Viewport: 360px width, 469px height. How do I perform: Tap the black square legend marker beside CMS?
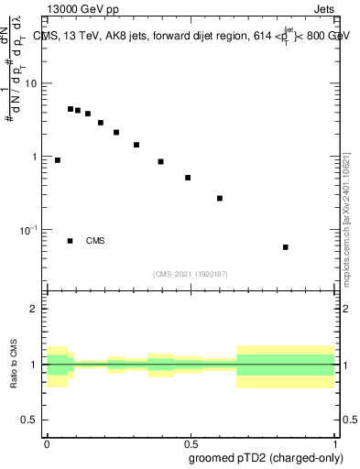coord(70,241)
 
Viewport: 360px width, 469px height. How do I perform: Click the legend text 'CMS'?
coord(95,241)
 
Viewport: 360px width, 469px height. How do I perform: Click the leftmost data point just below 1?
coord(57,159)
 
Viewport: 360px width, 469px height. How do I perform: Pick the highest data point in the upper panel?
coord(71,109)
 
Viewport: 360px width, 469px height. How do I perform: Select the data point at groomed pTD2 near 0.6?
coord(220,198)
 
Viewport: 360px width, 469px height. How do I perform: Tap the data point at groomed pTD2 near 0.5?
coord(188,178)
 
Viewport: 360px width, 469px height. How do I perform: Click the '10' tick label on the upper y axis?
coord(31,84)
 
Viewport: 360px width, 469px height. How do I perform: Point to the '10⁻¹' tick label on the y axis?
coord(27,229)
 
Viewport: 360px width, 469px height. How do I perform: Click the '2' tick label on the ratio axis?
coord(34,309)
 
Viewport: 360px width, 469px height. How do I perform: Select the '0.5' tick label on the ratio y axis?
coord(29,420)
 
